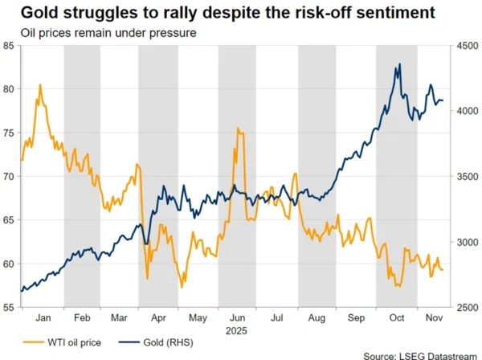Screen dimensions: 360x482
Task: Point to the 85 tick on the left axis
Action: coord(9,46)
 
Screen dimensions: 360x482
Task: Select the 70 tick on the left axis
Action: coord(9,176)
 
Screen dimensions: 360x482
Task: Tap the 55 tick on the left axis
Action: coord(9,307)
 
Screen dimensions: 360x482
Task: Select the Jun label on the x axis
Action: coord(239,318)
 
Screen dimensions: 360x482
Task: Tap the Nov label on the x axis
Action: coord(433,318)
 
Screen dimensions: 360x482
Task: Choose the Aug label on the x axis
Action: coord(317,318)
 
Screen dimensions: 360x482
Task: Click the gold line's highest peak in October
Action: coord(399,65)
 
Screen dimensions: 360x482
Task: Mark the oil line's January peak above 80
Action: coord(40,85)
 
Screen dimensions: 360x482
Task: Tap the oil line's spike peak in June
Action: coord(238,129)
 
